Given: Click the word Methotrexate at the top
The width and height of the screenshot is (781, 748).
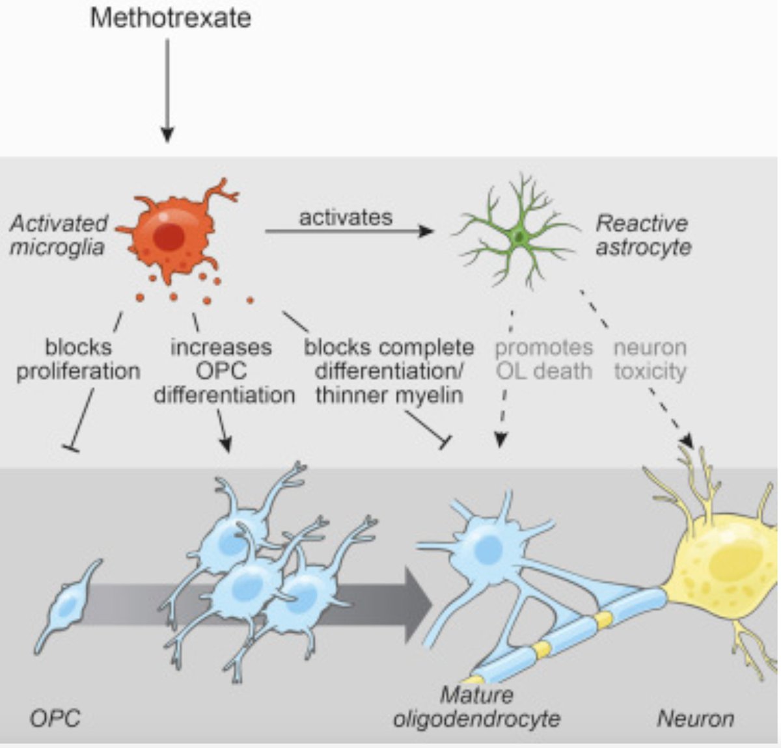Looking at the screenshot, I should tap(170, 18).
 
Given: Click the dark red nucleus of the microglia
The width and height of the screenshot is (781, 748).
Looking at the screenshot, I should tap(169, 237).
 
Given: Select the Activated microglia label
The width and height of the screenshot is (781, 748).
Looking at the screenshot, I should tap(58, 235).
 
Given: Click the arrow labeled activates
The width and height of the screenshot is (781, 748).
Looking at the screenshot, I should tap(348, 230).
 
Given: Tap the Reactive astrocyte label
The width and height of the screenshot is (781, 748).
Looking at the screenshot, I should tap(642, 235).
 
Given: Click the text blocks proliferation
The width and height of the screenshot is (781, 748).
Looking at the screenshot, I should tap(78, 359).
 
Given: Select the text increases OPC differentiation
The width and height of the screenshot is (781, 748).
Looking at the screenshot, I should tap(223, 371).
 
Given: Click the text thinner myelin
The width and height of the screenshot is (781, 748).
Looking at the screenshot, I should tap(389, 395).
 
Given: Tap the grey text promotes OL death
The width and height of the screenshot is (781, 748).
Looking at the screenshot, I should tap(543, 359).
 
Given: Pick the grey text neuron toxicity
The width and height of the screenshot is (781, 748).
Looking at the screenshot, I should tap(650, 359).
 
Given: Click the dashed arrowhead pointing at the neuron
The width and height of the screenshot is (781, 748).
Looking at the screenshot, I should tap(686, 438).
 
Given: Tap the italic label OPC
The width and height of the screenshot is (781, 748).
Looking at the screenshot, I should tap(55, 719).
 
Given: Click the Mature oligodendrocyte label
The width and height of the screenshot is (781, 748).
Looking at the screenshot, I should tap(476, 707).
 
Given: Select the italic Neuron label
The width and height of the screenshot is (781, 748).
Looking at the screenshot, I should tap(694, 719).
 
